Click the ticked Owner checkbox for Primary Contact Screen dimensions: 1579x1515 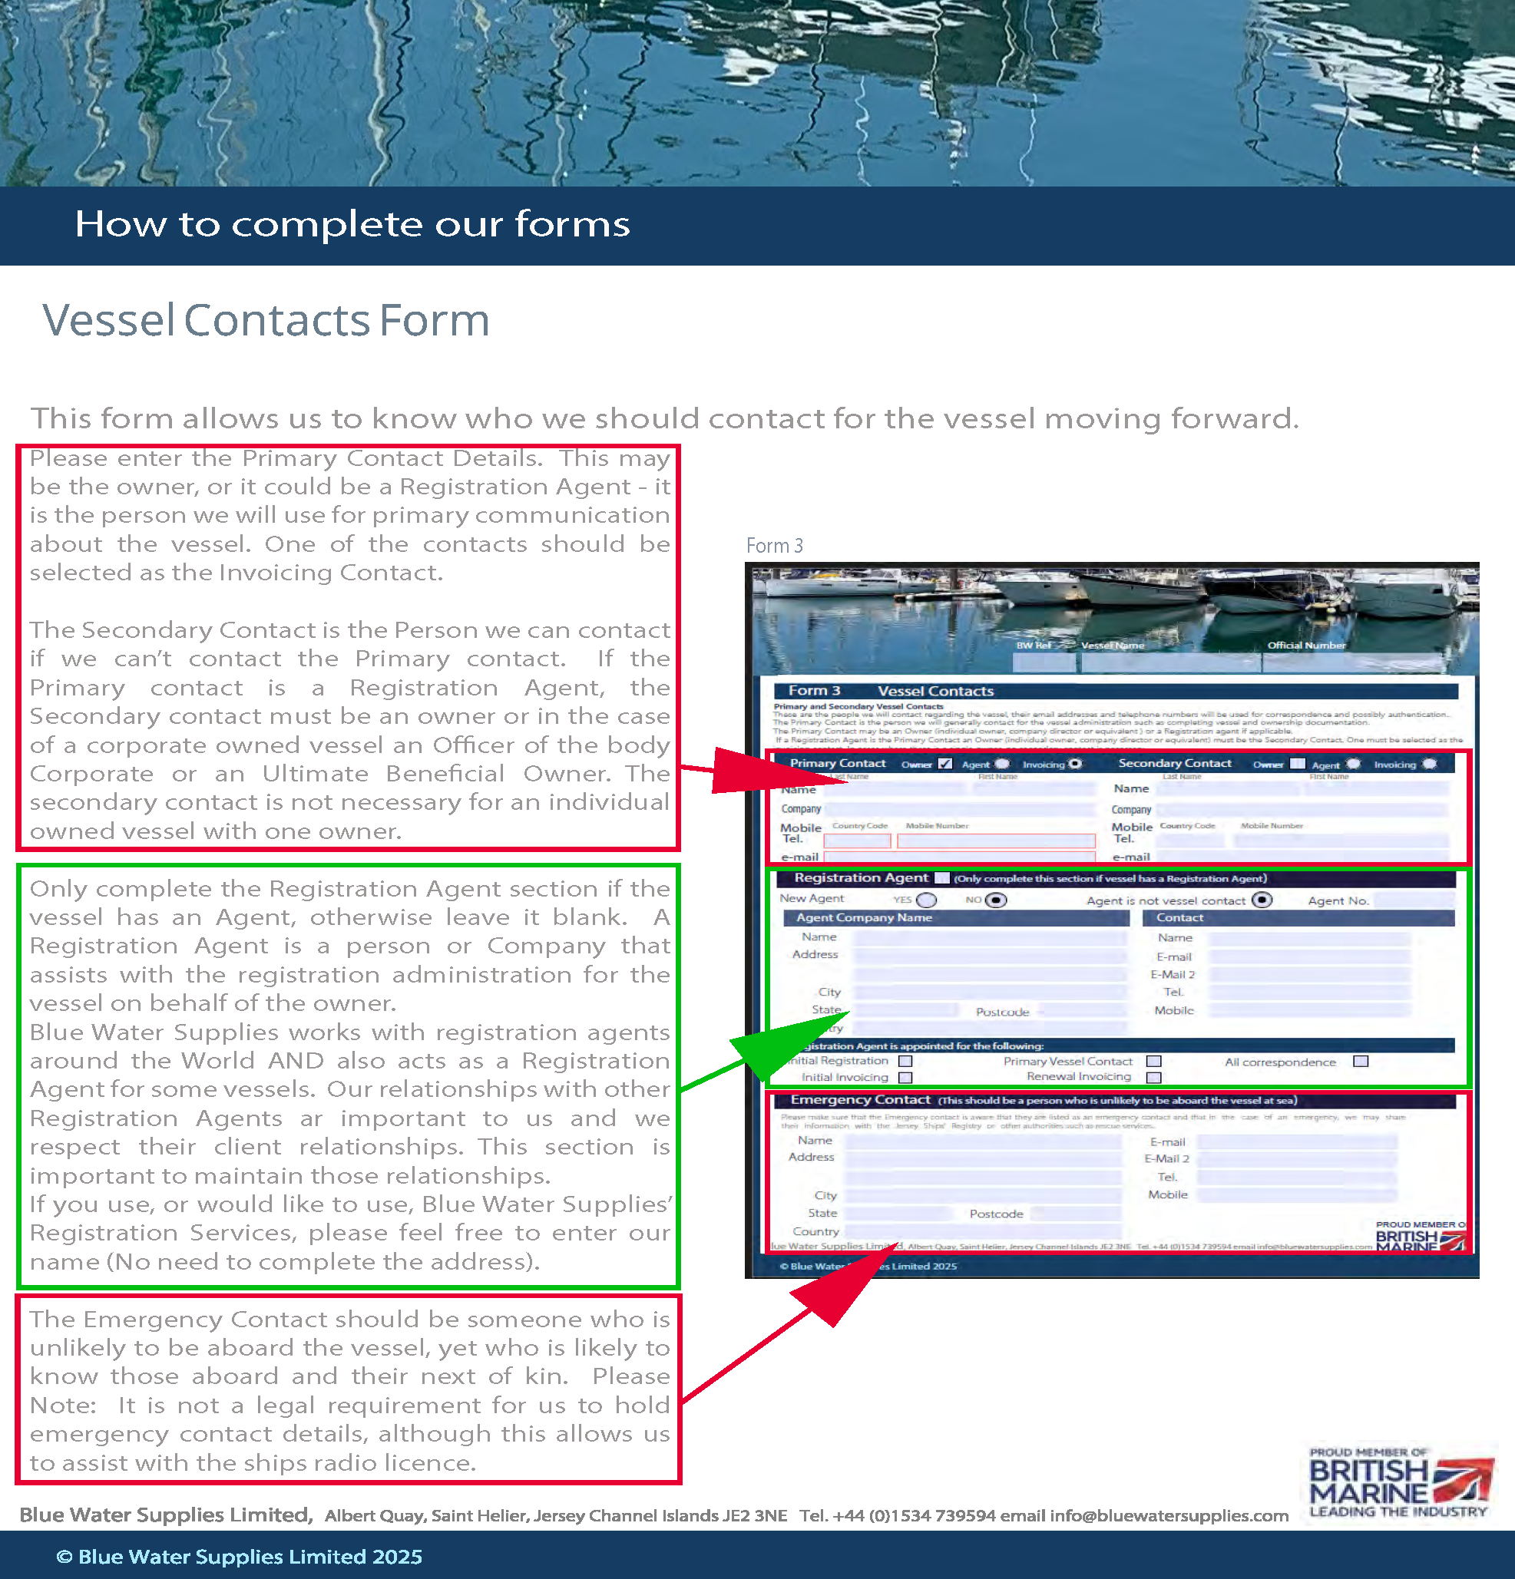945,764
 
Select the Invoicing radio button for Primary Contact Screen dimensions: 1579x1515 1075,764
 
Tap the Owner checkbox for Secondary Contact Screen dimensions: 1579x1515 1298,764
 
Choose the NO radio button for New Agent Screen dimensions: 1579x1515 997,900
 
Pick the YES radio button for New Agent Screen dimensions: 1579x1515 927,900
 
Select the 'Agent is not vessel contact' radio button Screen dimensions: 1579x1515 1262,900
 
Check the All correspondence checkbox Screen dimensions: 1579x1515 1361,1061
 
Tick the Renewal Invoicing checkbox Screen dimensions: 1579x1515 1154,1077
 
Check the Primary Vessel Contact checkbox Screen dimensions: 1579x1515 1154,1061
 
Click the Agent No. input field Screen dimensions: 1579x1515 1414,900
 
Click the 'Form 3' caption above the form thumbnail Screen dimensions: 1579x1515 773,546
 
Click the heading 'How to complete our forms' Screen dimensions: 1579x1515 352,224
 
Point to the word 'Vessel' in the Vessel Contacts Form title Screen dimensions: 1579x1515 109,320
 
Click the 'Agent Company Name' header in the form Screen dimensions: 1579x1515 864,917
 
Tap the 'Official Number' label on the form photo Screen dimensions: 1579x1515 1306,646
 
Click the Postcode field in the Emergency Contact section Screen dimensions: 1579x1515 1076,1214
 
